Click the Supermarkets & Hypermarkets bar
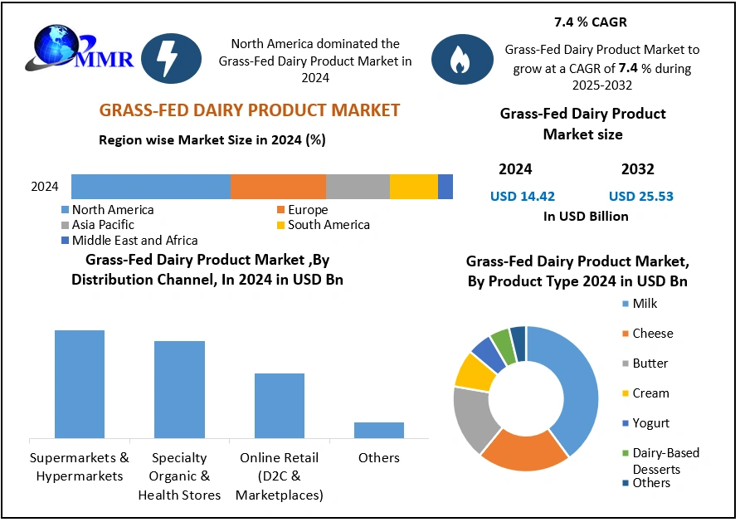tap(80, 383)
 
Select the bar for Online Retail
tap(279, 405)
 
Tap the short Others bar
tap(378, 429)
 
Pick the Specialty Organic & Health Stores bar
tap(179, 388)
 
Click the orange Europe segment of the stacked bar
tap(277, 187)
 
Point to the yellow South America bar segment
tap(413, 187)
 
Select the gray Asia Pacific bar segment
tap(358, 187)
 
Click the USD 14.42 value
tap(523, 197)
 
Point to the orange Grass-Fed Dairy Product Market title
tap(249, 110)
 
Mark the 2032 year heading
tap(637, 169)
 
